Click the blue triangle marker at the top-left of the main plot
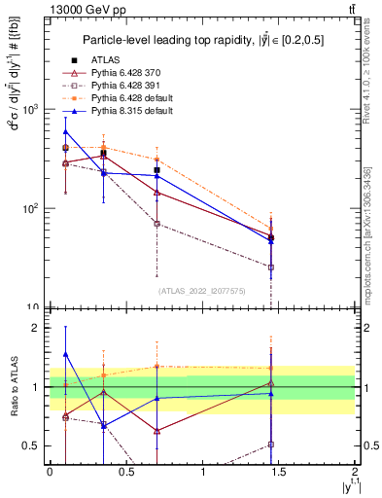tap(65, 131)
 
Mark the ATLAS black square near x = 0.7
tap(156, 170)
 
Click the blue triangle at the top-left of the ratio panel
tap(65, 355)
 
